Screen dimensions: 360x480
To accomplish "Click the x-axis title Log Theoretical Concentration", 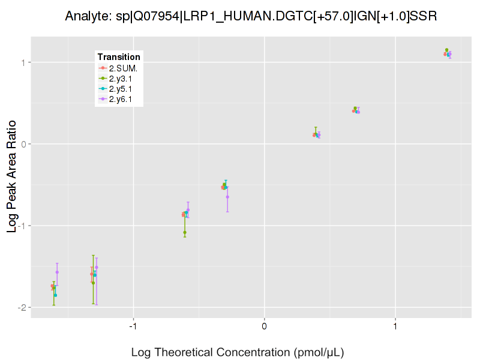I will pos(238,352).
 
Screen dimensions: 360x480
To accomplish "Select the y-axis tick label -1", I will pos(21,226).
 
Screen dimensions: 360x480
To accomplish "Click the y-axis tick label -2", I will pos(21,307).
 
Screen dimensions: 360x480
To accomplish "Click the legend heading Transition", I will pos(119,57).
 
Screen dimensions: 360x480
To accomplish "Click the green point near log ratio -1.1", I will pos(185,232).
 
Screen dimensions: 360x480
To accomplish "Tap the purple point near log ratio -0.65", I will pos(227,197).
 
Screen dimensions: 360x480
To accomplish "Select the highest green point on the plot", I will pos(446,50).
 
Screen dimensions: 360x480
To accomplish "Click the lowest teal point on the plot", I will pos(55,295).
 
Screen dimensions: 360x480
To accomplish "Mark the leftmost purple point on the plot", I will pos(57,272).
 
